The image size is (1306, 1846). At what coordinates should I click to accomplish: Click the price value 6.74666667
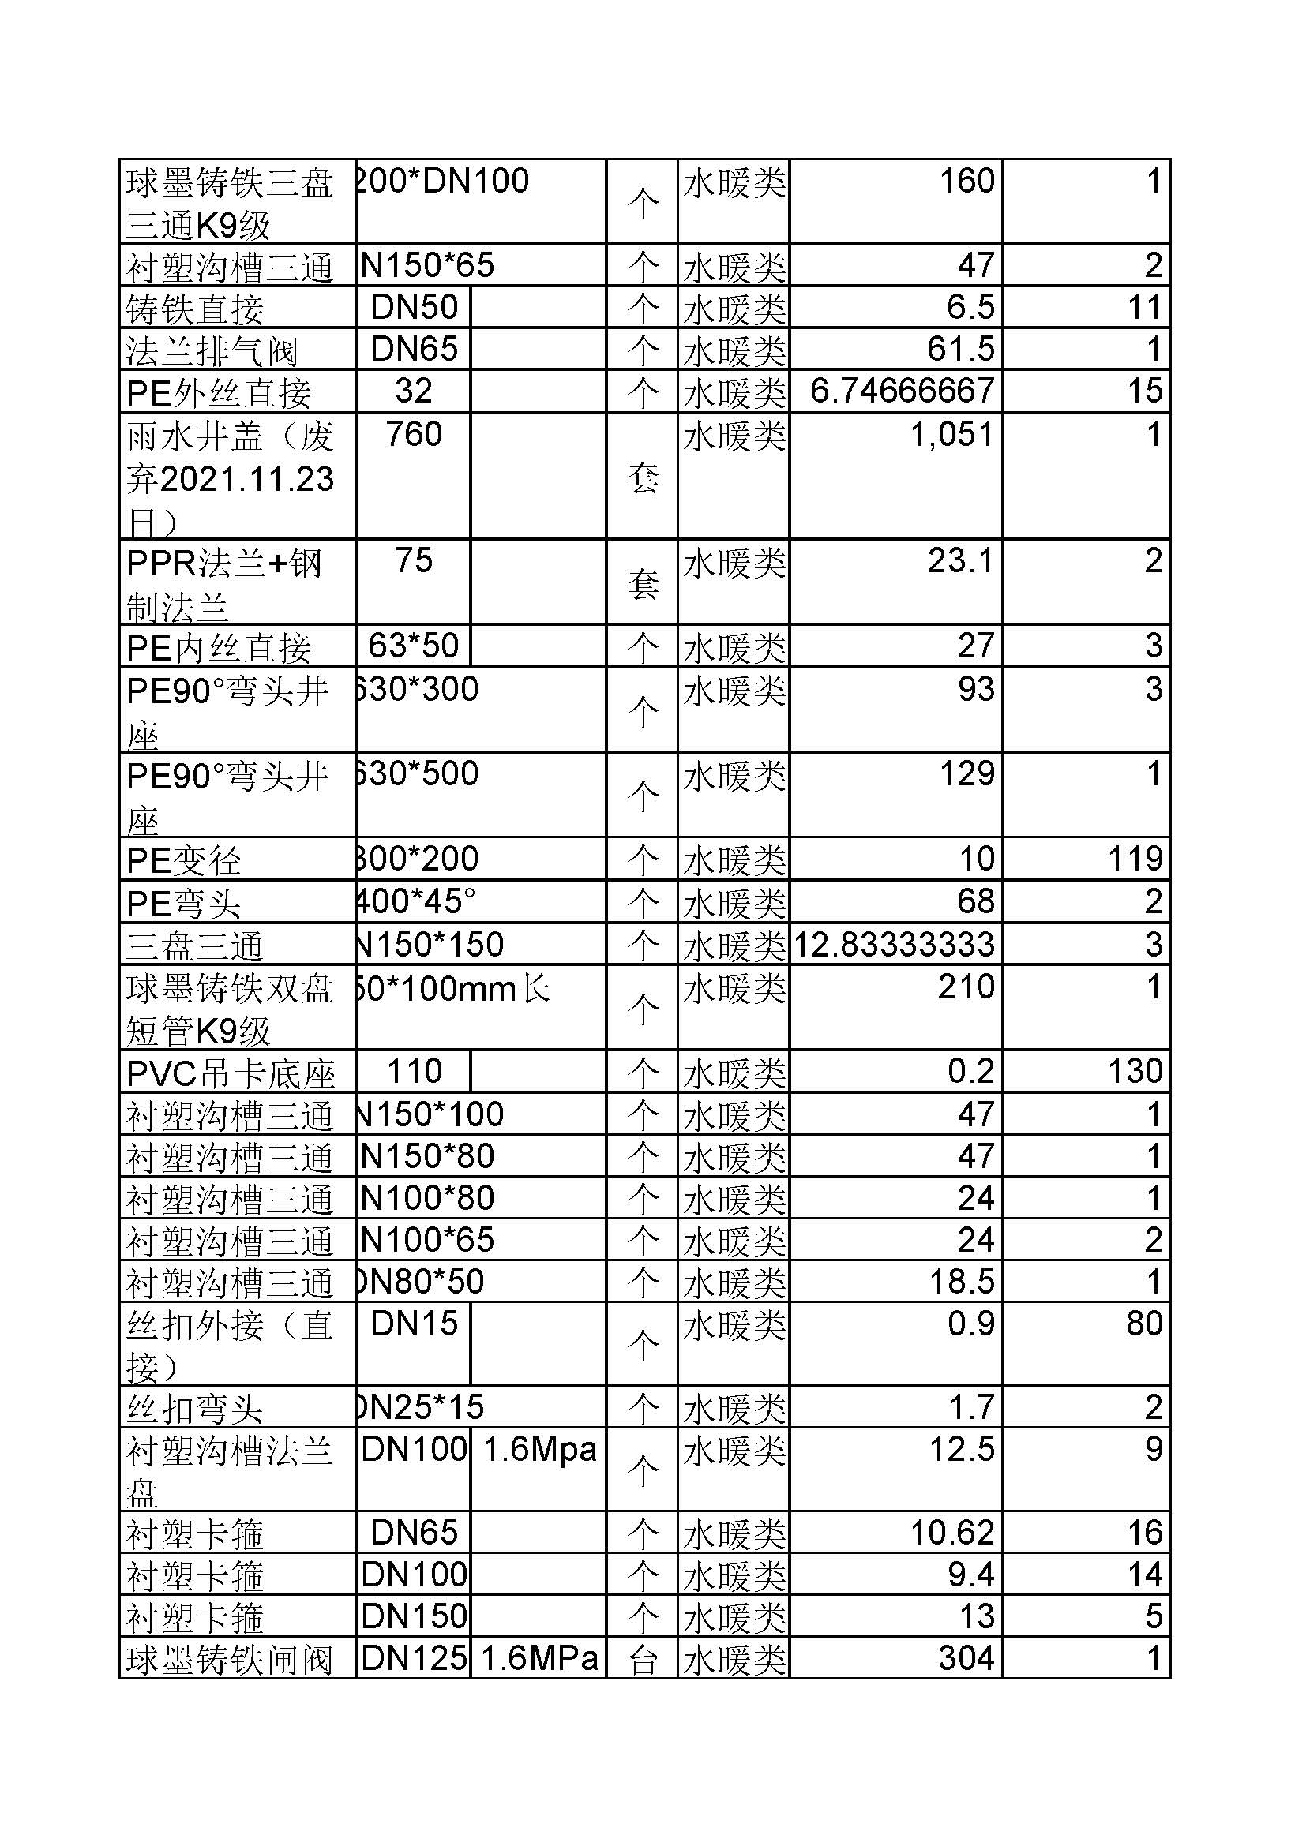tap(902, 391)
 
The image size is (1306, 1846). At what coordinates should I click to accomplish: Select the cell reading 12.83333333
tap(895, 944)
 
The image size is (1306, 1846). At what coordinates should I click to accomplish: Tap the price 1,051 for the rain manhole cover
tap(951, 434)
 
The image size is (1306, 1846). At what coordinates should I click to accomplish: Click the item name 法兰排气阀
tap(212, 350)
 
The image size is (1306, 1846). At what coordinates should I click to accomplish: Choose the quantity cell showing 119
tap(1135, 859)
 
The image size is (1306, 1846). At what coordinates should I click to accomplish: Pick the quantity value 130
tap(1135, 1071)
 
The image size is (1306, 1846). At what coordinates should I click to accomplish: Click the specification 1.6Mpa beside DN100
tap(539, 1449)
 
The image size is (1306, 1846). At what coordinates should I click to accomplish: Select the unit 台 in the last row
tap(643, 1661)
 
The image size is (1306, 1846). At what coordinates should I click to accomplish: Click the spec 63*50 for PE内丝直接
tap(413, 646)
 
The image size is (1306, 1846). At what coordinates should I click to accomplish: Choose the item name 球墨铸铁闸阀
tap(229, 1661)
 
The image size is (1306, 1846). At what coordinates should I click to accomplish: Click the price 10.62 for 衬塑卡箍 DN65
tap(952, 1533)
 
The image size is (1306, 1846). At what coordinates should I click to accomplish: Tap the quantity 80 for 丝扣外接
tap(1143, 1324)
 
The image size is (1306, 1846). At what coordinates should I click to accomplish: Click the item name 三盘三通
tap(194, 945)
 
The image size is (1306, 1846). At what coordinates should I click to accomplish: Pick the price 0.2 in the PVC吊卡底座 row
tap(970, 1071)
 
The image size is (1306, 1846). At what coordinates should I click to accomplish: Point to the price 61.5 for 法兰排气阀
tap(960, 349)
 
